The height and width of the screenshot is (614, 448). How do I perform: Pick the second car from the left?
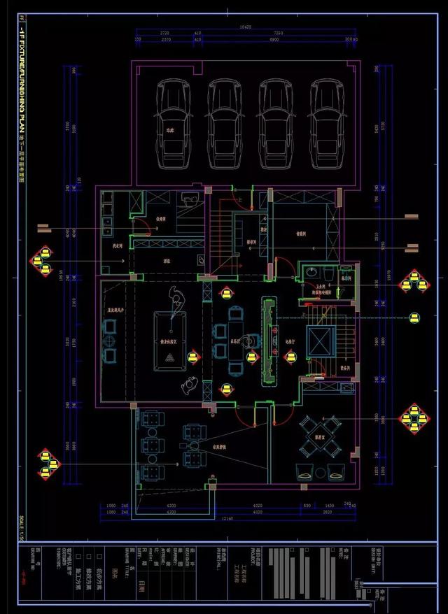click(225, 123)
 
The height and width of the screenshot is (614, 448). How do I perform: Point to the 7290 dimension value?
click(278, 33)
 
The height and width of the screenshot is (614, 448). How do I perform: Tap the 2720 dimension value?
click(165, 33)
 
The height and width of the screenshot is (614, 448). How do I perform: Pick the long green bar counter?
click(269, 341)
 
